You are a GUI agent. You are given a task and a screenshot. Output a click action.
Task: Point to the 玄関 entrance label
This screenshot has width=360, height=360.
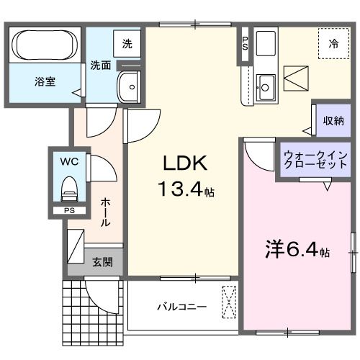[x=102, y=262]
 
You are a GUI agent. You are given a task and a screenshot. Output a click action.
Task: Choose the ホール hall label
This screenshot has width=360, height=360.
[x=105, y=213]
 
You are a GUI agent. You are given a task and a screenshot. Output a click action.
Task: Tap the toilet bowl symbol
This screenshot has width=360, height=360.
[x=70, y=189]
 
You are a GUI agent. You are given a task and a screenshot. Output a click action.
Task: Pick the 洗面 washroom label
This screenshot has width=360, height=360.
[x=100, y=65]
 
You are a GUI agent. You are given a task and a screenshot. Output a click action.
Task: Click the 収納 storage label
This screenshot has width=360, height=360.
[x=333, y=120]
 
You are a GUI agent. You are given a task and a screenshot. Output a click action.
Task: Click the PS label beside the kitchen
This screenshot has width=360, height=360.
[x=245, y=43]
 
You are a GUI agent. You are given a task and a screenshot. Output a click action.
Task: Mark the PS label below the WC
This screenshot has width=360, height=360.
[x=69, y=211]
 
